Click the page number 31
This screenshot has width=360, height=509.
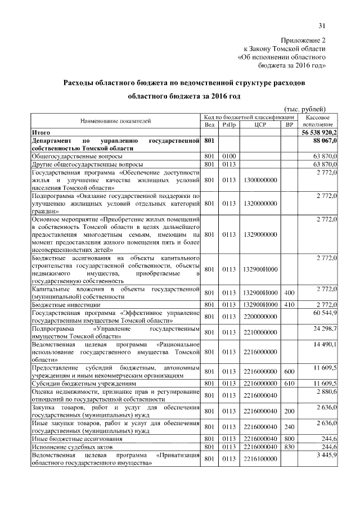coord(322,25)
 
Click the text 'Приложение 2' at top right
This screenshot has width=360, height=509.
coord(303,40)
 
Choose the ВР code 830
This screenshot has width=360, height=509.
coord(289,446)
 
